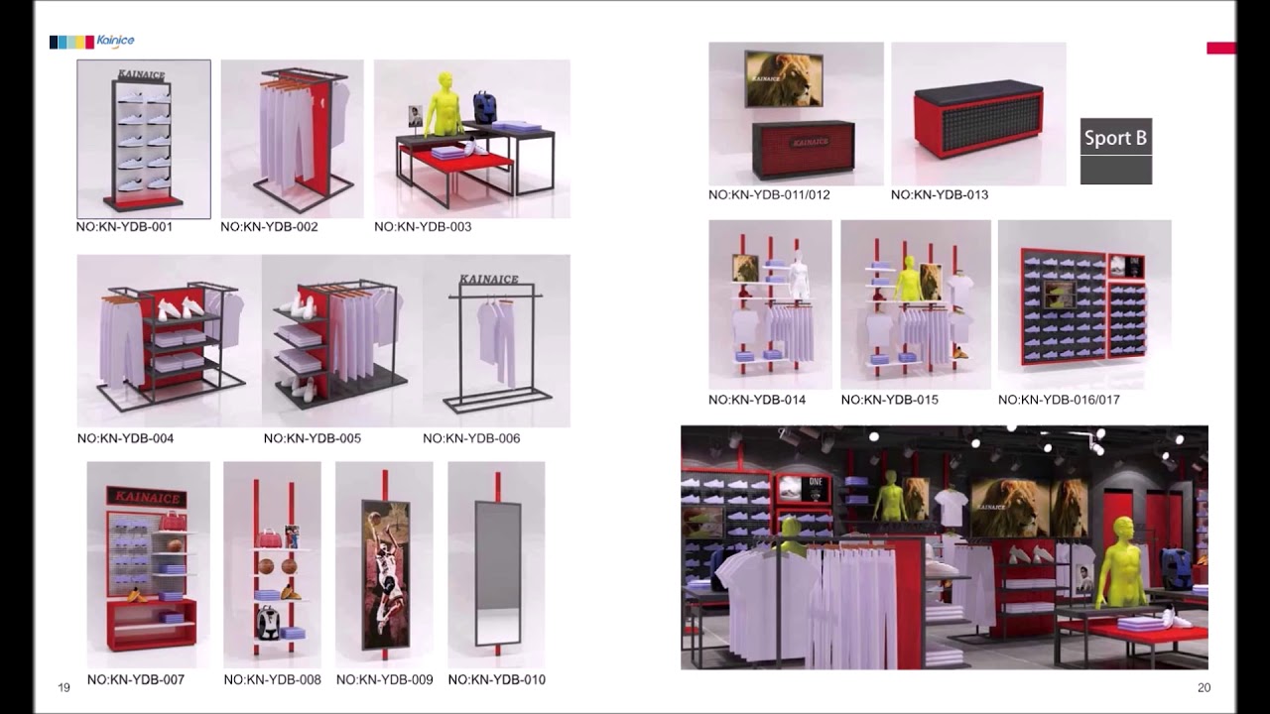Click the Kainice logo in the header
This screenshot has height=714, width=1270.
click(92, 42)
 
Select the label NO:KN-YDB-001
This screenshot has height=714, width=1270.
click(124, 227)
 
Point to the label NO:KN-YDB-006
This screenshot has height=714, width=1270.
click(471, 438)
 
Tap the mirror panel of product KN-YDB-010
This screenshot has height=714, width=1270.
click(496, 573)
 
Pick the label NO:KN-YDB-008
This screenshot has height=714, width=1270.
click(272, 680)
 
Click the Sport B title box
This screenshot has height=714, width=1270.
click(1115, 139)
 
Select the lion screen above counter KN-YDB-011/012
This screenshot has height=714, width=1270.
click(784, 79)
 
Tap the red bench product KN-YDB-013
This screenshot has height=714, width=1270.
click(977, 119)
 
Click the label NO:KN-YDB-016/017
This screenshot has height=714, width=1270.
click(1059, 400)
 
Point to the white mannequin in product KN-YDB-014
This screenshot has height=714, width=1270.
click(799, 277)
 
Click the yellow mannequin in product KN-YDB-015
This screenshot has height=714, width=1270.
click(905, 281)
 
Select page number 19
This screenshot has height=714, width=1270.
click(63, 688)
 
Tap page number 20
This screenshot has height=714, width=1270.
click(1204, 688)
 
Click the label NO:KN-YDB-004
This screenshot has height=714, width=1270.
click(125, 438)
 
